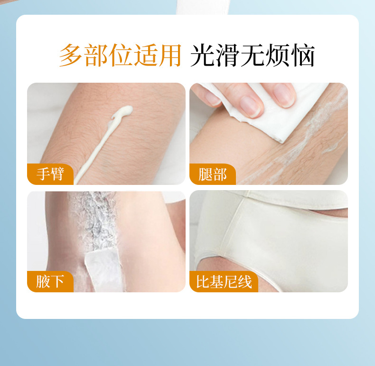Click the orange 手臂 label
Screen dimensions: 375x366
point(50,174)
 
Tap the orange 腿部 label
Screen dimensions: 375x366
point(213,174)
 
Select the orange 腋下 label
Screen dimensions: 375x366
point(50,281)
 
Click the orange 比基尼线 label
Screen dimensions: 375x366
point(224,281)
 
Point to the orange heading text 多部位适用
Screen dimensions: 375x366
point(120,55)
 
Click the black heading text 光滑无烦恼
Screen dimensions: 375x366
point(253,55)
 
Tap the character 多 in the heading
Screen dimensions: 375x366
point(71,55)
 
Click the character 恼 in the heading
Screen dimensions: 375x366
point(303,55)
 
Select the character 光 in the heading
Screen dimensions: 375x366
point(202,55)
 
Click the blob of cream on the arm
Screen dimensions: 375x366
point(122,112)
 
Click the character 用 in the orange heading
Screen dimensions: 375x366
point(169,55)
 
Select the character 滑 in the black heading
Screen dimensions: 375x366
point(227,55)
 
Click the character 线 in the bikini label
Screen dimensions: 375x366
point(244,282)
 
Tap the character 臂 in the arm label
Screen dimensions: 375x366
point(57,174)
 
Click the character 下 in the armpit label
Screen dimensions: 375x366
point(57,281)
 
